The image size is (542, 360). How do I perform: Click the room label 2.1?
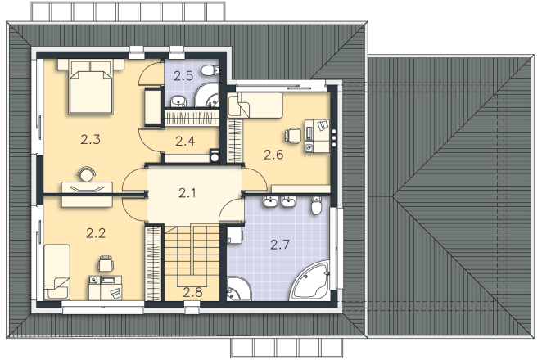(187, 193)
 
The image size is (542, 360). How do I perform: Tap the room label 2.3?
(91, 140)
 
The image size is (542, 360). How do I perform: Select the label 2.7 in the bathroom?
(280, 245)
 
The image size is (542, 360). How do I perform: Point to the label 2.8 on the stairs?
(192, 293)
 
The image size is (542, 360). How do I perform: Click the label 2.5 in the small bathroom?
(183, 75)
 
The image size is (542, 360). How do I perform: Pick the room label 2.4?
(185, 141)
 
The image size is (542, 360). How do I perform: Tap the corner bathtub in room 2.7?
(311, 281)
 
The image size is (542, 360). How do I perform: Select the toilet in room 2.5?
(210, 71)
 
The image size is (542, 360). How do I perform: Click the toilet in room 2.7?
(316, 206)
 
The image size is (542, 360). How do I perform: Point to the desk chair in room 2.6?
(292, 135)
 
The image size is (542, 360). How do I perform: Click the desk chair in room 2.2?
(106, 264)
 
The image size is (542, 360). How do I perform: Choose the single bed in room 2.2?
(56, 272)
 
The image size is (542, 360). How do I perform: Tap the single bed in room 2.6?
(255, 106)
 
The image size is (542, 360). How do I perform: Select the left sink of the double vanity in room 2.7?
(270, 201)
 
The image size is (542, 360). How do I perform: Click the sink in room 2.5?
(178, 101)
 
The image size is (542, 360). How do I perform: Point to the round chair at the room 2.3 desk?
(86, 173)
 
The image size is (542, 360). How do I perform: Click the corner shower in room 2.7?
(238, 289)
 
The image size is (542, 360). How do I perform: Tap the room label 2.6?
(273, 155)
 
